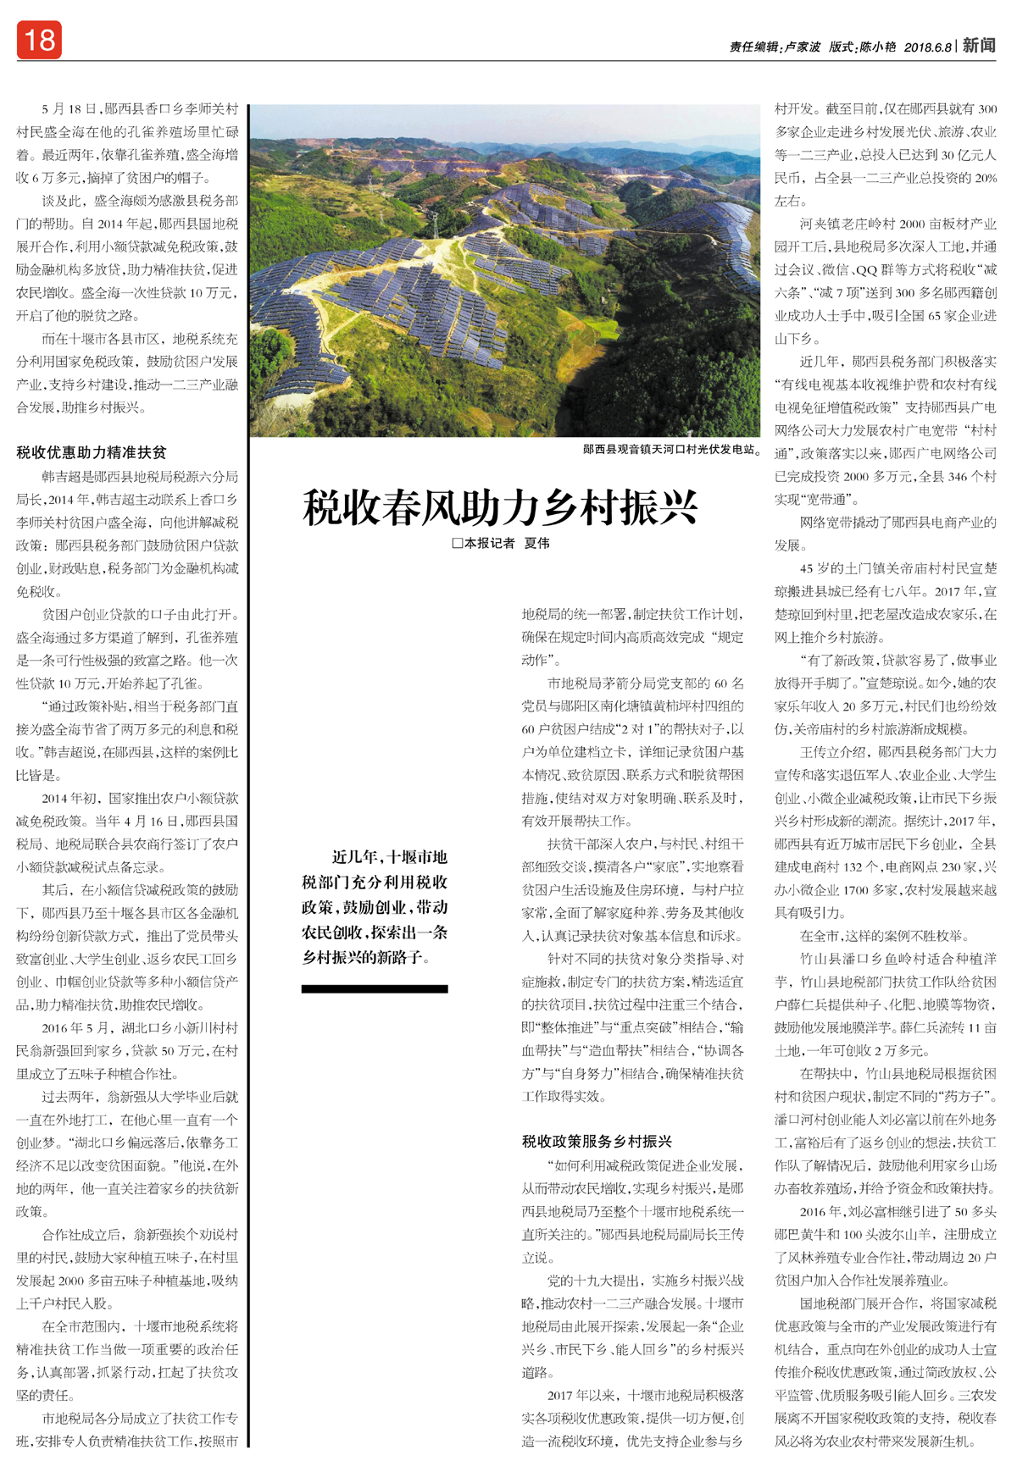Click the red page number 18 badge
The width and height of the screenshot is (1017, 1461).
click(39, 40)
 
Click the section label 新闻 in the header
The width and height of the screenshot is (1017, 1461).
click(979, 45)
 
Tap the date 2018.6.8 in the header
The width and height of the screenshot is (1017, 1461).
click(928, 47)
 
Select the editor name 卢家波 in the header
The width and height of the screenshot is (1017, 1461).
click(802, 47)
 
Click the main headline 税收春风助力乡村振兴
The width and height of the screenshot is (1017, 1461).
click(500, 507)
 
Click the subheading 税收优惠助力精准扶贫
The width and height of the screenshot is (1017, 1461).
click(92, 452)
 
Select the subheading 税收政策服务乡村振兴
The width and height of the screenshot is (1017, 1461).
click(597, 1141)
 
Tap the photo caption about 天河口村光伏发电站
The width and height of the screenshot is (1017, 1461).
click(671, 449)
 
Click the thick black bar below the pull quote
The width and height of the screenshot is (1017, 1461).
click(375, 988)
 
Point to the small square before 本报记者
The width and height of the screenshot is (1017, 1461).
click(457, 543)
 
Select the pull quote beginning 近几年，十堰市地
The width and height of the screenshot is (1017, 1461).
click(375, 906)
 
